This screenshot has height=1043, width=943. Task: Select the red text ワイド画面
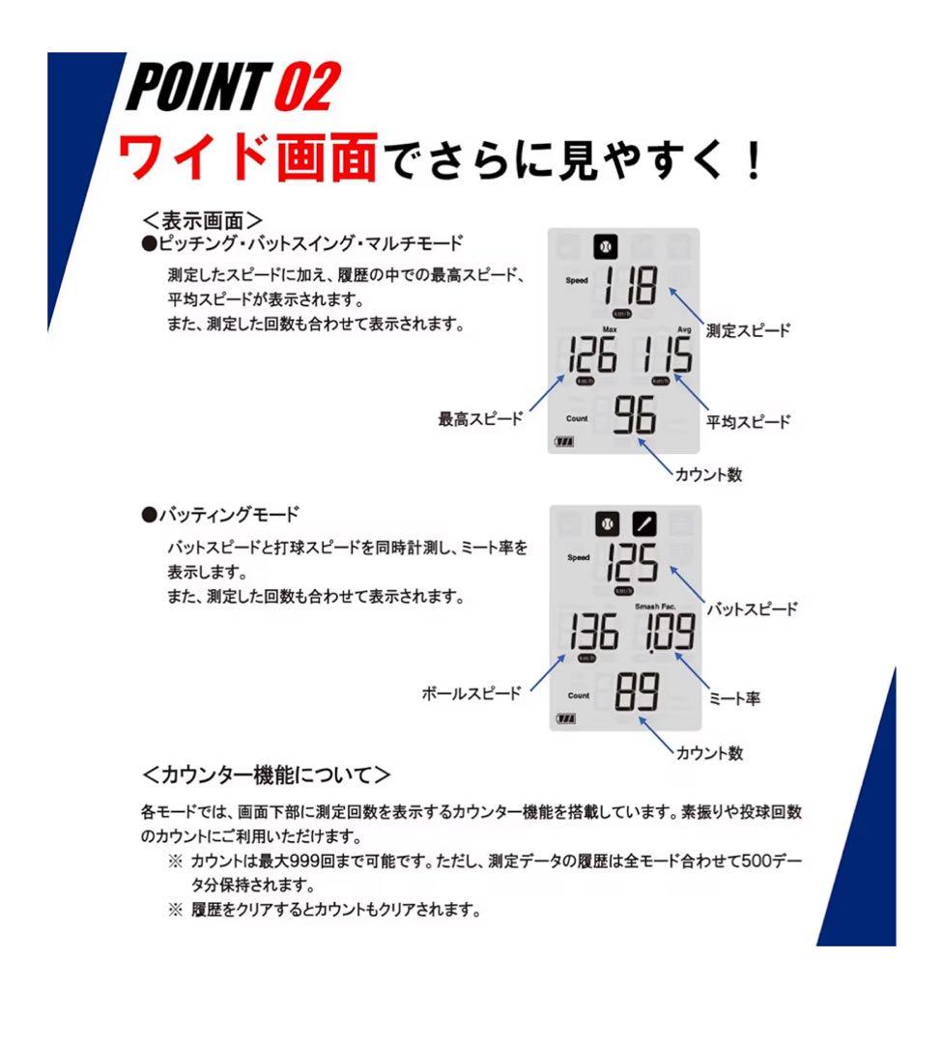[x=247, y=157]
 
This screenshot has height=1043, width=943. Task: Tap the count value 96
[x=635, y=416]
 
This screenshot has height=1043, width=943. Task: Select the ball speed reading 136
[x=592, y=633]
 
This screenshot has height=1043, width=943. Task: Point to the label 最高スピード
[x=480, y=419]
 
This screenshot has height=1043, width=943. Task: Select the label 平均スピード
[x=748, y=421]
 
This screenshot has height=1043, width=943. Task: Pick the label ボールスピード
[x=471, y=693]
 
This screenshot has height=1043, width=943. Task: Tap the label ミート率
[x=733, y=697]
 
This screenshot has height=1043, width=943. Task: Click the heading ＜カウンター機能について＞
[x=267, y=775]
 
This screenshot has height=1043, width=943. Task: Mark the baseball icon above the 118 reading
[x=606, y=246]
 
